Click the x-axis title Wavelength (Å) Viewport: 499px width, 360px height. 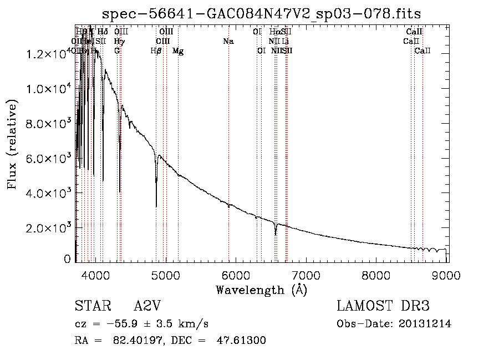(261, 290)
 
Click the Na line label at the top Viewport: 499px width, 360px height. (228, 42)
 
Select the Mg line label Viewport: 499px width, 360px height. (178, 51)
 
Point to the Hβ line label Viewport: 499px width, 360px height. (156, 51)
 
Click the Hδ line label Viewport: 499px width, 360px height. (103, 32)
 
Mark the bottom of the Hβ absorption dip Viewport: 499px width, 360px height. (156, 206)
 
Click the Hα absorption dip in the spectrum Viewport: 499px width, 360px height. (276, 234)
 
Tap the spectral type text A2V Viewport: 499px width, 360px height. (149, 306)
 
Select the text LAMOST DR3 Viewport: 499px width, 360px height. (383, 306)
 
